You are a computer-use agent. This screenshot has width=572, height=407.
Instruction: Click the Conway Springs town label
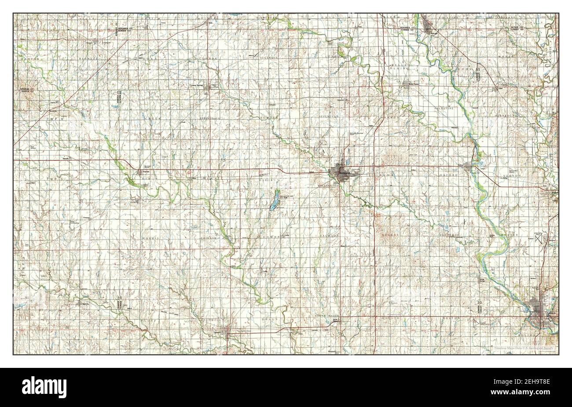(198, 85)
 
